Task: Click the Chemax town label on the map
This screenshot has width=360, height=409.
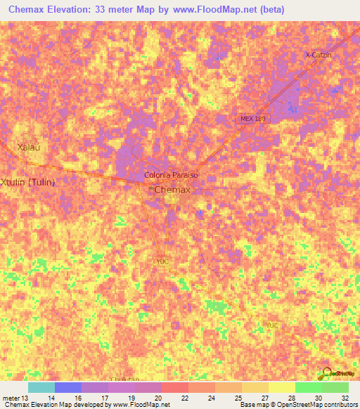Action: tap(172, 190)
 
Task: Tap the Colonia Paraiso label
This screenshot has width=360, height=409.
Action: tap(172, 174)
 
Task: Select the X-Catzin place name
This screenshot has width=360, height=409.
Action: tap(319, 54)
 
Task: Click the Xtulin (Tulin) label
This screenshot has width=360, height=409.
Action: tap(28, 181)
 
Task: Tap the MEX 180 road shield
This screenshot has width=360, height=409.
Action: tap(253, 119)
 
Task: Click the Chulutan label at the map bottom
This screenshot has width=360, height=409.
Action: tap(124, 379)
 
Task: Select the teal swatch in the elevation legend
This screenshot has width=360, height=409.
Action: tap(41, 387)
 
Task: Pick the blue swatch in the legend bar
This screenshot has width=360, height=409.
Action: tap(68, 387)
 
